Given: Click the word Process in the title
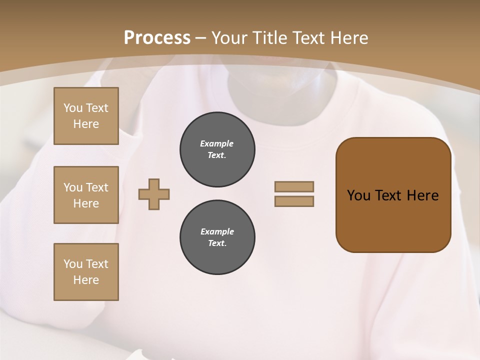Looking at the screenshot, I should click(x=157, y=38).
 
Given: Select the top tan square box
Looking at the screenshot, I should click(x=86, y=116).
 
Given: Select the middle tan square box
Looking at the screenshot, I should click(x=86, y=195).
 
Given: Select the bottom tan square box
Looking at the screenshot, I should click(x=86, y=272).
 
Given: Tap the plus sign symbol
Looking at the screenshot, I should click(x=154, y=194).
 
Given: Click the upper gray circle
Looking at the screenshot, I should click(x=217, y=149).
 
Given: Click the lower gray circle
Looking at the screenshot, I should click(x=217, y=237).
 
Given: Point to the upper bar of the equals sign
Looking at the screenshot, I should click(x=294, y=186).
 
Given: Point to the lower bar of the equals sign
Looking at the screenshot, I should click(x=294, y=201).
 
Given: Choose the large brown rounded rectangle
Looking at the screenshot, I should click(x=393, y=195).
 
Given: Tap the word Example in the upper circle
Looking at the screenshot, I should click(x=217, y=143).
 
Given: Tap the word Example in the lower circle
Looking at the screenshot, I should click(x=217, y=231).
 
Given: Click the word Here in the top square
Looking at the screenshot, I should click(x=86, y=124).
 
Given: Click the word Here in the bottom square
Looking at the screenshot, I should click(x=86, y=280).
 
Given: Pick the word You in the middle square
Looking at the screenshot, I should click(x=73, y=187).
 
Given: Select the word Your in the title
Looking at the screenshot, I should click(x=229, y=38).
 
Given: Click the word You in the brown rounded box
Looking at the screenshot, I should click(x=358, y=195).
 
